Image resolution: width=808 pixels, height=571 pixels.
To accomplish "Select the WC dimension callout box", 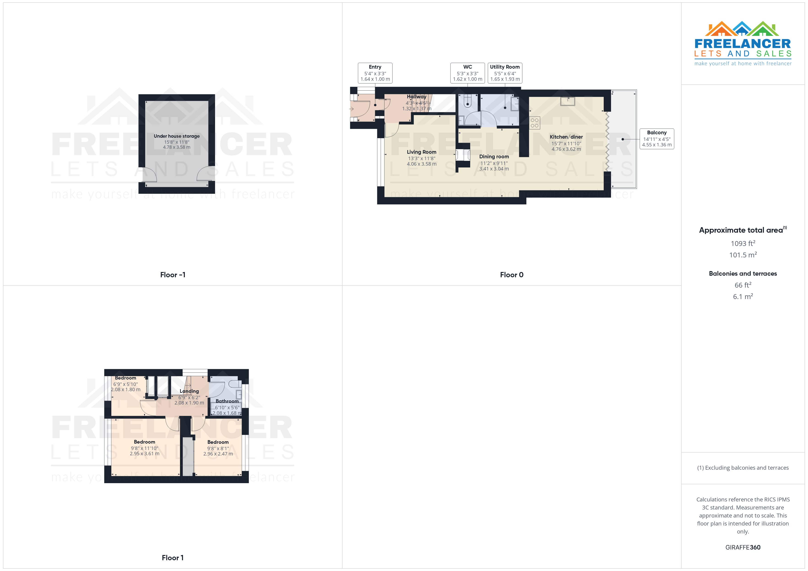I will (467, 73).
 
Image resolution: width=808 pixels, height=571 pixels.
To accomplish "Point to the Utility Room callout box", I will (505, 73).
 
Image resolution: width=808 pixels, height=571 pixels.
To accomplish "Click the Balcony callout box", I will (656, 139).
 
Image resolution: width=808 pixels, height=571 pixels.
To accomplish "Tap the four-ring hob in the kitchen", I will (534, 123).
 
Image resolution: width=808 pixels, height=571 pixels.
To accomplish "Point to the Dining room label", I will (494, 156).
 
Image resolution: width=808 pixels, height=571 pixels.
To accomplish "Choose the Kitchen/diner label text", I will (566, 137).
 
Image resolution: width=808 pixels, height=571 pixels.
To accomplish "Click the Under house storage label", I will (176, 136).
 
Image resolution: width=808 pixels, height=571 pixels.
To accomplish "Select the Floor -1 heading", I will (172, 275).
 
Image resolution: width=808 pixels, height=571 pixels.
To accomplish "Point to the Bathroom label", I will (227, 401).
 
